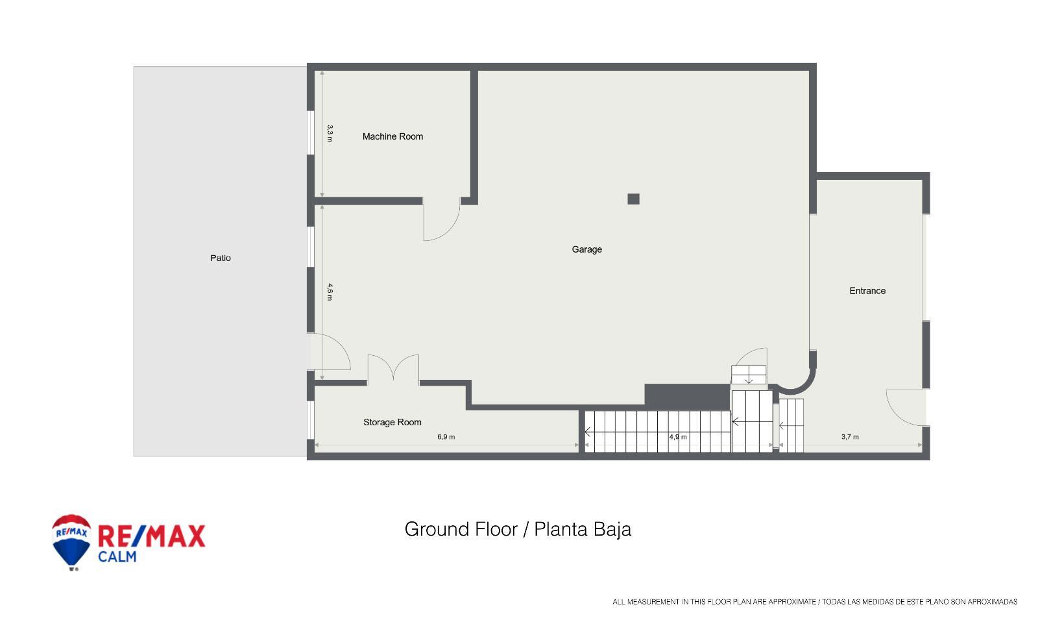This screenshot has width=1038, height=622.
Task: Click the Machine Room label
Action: pos(392,136)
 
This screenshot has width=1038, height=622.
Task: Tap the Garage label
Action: pos(586,249)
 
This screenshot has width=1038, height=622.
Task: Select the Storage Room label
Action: pos(392,422)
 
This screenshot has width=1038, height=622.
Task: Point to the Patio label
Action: pos(220,258)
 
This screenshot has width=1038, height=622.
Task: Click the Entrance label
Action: pos(867,291)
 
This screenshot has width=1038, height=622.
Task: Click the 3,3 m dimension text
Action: pos(330,134)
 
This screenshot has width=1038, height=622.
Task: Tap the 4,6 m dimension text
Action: pos(330,292)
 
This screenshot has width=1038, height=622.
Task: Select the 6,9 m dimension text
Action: pos(446,437)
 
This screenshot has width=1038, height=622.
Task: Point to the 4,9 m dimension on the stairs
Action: pos(677,437)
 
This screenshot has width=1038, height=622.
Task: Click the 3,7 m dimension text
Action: pos(850,437)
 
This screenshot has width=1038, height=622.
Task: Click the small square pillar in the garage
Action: pos(633,199)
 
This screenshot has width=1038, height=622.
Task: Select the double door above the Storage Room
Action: pos(393,368)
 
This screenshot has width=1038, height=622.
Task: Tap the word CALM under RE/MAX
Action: pos(117,556)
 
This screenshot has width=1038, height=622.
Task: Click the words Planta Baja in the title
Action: pos(582,529)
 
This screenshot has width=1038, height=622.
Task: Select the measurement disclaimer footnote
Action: pos(814,602)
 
